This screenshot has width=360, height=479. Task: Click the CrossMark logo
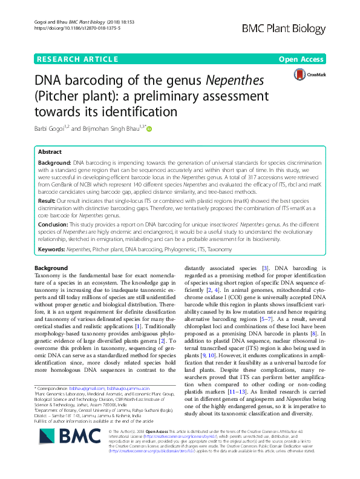coord(308,74)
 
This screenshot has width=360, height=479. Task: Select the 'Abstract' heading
coord(51,152)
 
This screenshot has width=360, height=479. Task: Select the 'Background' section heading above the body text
coord(51,268)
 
